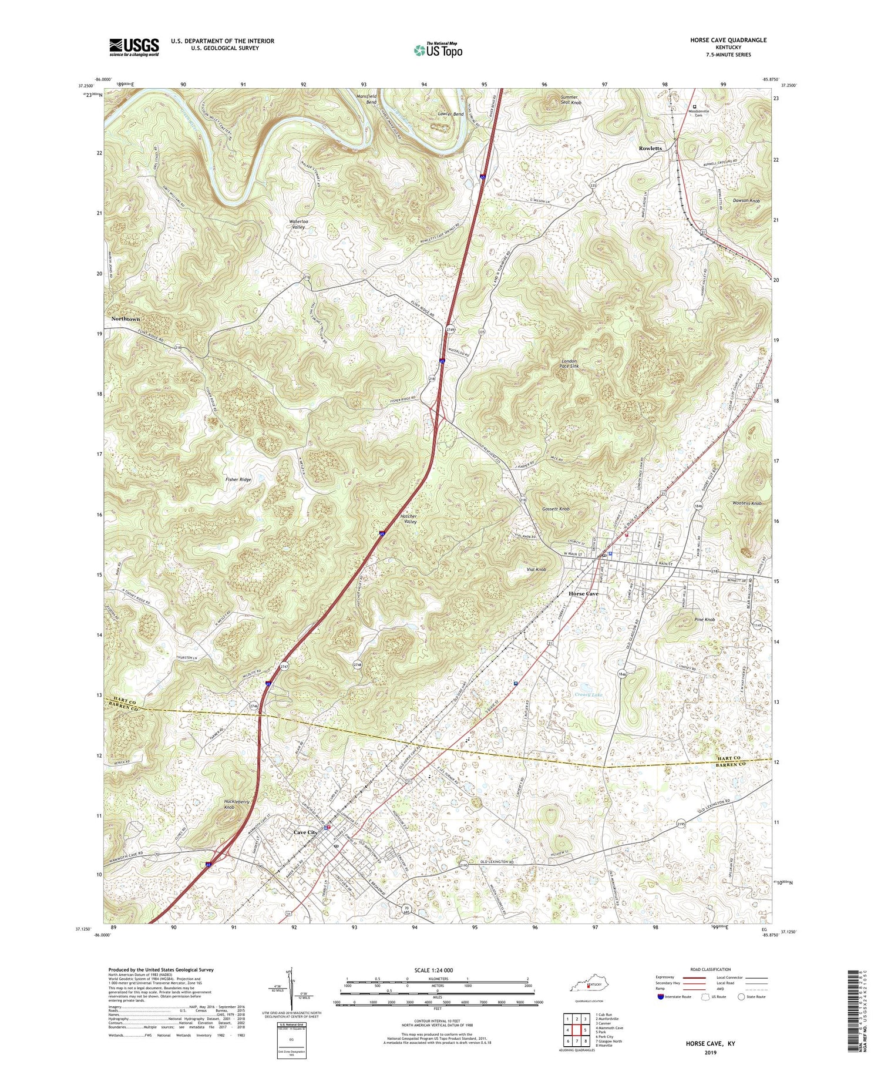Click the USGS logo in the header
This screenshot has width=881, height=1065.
tap(134, 47)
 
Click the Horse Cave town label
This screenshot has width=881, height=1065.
tap(583, 594)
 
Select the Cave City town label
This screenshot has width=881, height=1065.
tap(305, 832)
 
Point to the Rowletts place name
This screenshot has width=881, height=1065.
tap(650, 148)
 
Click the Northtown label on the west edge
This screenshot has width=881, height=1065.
tap(126, 318)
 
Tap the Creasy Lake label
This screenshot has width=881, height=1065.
tap(589, 695)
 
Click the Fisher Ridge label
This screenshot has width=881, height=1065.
tap(238, 479)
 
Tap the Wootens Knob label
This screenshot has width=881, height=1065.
tap(747, 503)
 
